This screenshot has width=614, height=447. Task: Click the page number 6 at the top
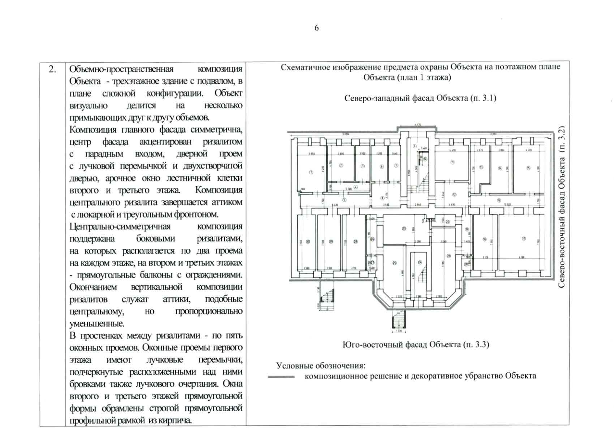tap(316, 28)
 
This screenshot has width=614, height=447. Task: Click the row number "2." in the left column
tap(52, 69)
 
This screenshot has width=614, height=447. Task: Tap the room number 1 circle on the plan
tap(311, 172)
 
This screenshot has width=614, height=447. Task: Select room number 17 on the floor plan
tap(523, 239)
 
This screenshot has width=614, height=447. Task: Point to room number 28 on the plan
tap(355, 242)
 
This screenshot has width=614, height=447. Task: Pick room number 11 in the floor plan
tap(452, 162)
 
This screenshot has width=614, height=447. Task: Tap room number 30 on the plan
tap(308, 242)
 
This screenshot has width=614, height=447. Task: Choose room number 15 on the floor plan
tap(528, 168)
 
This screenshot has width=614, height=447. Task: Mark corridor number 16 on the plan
tap(499, 200)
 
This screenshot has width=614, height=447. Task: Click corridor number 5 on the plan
tap(344, 200)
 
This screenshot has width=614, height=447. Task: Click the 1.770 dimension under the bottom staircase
tap(399, 330)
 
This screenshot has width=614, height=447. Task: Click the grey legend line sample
tap(281, 377)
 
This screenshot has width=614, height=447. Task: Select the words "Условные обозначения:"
tap(320, 365)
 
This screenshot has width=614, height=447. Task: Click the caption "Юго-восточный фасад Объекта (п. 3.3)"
tap(415, 344)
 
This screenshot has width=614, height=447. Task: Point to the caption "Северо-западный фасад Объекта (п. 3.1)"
tap(420, 98)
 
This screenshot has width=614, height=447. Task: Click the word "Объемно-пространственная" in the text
tap(121, 69)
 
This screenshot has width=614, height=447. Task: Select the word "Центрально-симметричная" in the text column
tap(120, 226)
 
